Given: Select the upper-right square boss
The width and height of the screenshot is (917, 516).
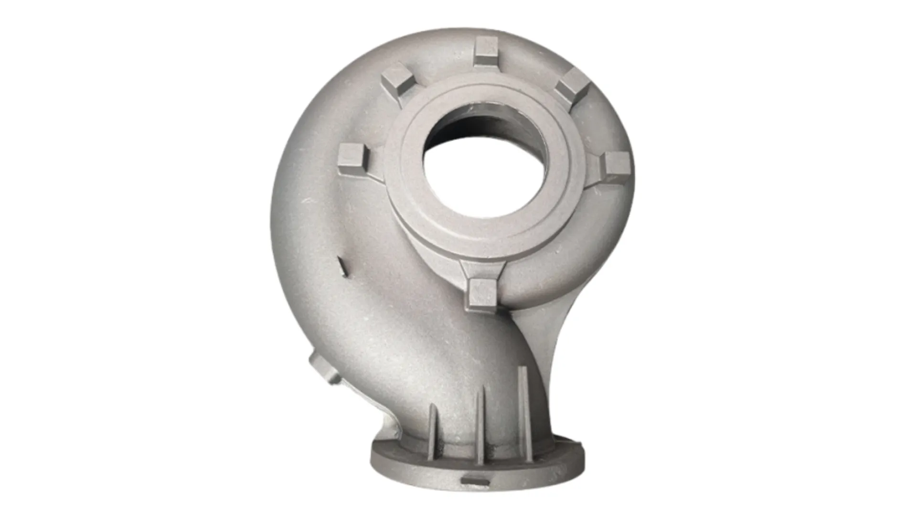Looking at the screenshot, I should (572, 86).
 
